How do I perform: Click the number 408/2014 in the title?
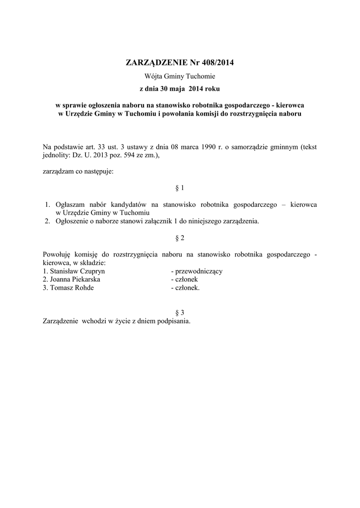(217, 63)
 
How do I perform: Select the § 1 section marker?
(180, 188)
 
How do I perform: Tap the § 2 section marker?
(180, 238)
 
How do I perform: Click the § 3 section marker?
(180, 313)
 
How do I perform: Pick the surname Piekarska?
(85, 279)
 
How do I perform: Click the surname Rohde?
(82, 288)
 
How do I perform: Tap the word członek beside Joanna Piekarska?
(187, 279)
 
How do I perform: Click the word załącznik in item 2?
(151, 221)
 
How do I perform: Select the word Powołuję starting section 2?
(60, 254)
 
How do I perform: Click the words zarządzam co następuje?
(78, 171)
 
